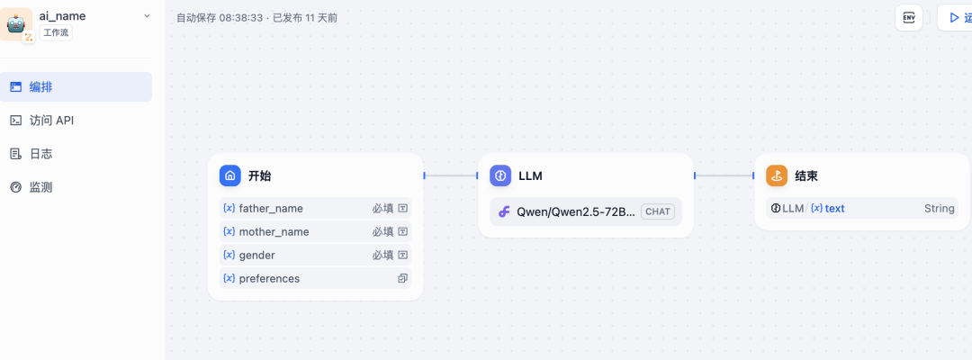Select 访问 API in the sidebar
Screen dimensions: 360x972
tap(51, 121)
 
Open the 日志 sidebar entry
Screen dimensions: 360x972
tap(40, 154)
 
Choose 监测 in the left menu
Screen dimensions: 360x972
tap(40, 187)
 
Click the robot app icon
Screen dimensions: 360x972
tap(17, 23)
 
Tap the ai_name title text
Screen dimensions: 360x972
tap(62, 15)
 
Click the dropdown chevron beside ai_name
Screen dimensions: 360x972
tap(148, 16)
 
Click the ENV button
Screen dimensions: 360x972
tap(909, 17)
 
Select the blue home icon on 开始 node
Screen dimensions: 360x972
tap(230, 175)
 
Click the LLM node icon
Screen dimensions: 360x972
tap(500, 175)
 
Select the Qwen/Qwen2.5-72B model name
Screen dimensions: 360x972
tap(575, 211)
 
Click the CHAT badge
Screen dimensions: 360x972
tap(658, 211)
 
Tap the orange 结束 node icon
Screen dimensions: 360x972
tap(777, 175)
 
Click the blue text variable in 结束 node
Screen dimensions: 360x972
tap(833, 208)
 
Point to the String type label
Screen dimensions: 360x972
tap(939, 208)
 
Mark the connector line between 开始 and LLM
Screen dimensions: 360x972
tap(450, 175)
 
